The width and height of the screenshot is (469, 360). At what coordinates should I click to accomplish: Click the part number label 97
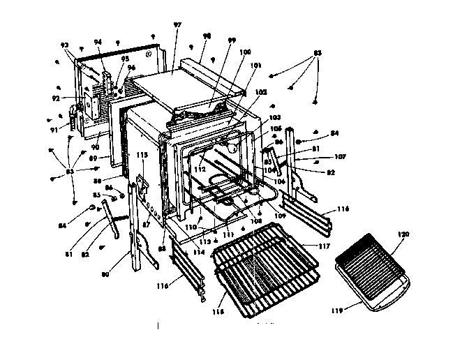(x=177, y=25)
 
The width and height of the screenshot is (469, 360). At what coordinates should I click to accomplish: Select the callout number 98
(x=207, y=36)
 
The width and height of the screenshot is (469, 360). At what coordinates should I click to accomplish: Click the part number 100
(x=245, y=53)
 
